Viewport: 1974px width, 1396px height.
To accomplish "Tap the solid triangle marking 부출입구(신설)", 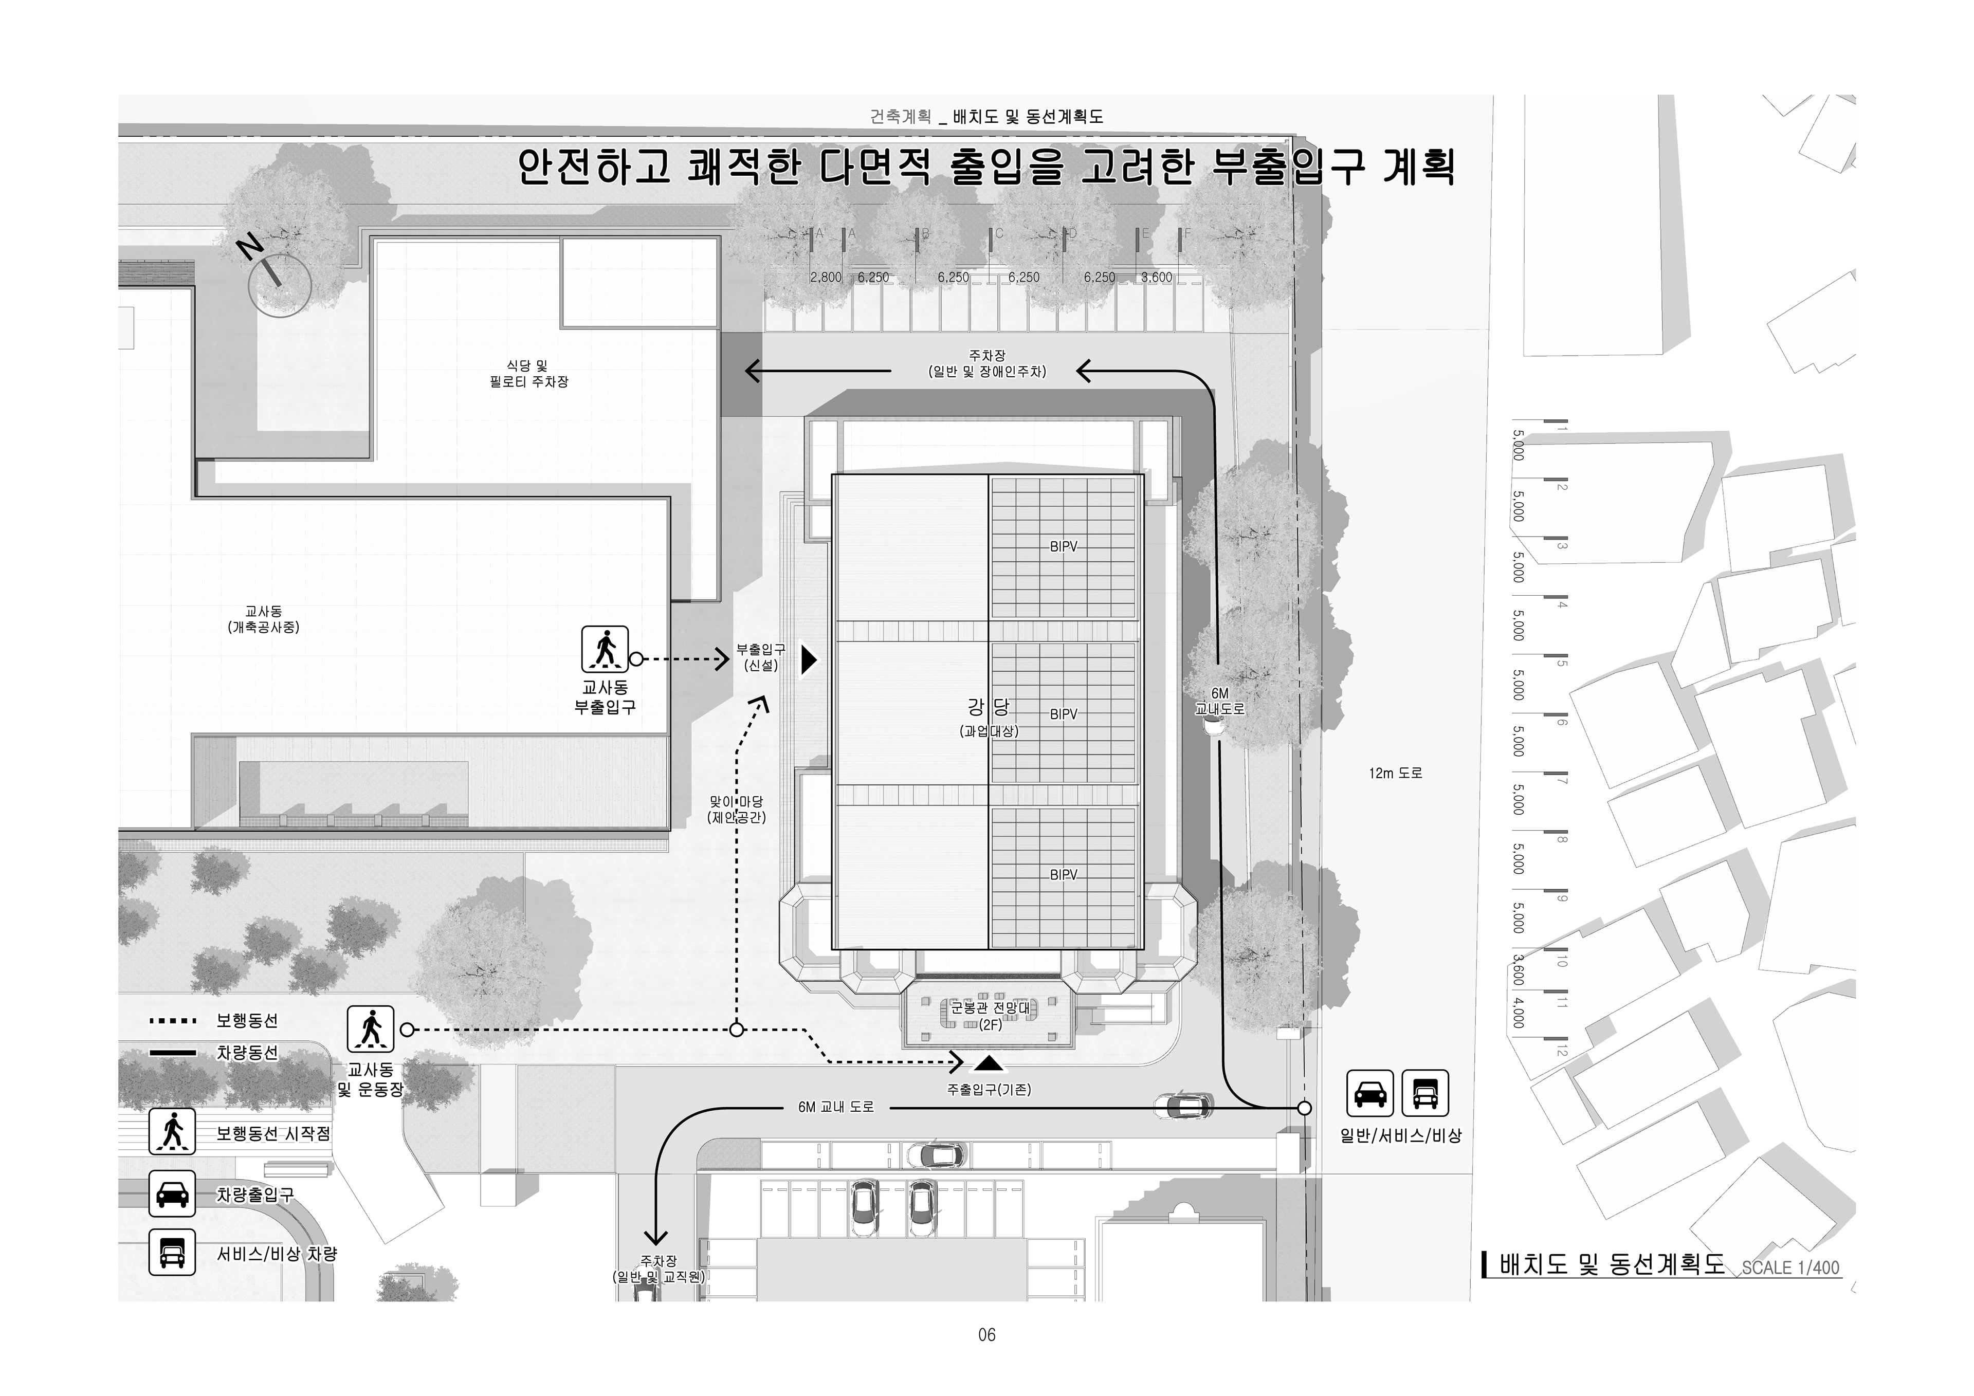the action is point(808,659).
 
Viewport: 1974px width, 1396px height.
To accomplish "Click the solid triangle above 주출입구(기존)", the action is point(989,1064).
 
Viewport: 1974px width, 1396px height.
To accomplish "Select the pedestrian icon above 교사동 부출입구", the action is point(605,649).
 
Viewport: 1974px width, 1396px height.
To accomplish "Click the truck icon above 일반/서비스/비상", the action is point(1424,1093).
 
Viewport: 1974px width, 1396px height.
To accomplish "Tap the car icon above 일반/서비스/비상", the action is point(1369,1093).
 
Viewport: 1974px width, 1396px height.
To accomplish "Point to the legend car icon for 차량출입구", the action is point(172,1193).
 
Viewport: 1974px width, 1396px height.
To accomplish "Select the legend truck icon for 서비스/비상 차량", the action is point(172,1253).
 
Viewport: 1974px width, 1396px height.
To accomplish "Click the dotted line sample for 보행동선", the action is point(173,1021).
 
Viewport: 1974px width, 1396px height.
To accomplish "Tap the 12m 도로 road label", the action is point(1395,774).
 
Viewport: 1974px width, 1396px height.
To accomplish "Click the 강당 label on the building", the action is point(989,707).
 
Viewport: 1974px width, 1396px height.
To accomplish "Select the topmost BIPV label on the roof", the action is point(1064,547).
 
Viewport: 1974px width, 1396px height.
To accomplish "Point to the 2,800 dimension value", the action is point(826,278).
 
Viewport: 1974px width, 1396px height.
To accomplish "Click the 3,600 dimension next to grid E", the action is point(1156,278).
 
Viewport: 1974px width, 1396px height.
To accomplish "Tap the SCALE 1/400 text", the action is point(1791,1268).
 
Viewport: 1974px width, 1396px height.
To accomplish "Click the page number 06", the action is point(986,1335).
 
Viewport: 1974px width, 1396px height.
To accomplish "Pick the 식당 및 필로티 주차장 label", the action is point(529,374).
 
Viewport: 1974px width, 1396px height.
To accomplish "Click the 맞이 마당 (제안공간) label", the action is point(736,810).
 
